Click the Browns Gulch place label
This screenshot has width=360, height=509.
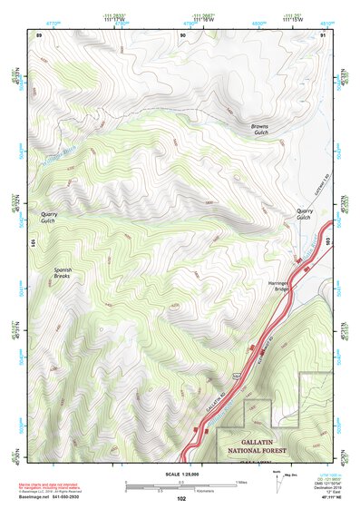259,130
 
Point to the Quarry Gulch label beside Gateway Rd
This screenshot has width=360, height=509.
305,214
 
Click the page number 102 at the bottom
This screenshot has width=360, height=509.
181,498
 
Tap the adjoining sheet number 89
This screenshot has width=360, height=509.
38,34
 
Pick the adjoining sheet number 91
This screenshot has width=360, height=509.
323,34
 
